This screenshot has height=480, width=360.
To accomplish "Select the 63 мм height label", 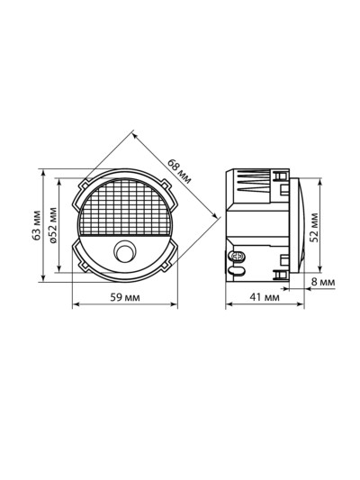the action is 37,225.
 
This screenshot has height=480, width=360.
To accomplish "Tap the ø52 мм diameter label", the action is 53,225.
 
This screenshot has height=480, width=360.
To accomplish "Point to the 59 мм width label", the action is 125,297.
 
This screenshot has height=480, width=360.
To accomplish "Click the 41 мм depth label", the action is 265,297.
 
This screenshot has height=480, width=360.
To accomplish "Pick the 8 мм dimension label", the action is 323,282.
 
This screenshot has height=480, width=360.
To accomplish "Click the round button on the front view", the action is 125,251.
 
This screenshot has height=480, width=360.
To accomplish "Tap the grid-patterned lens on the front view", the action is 125,207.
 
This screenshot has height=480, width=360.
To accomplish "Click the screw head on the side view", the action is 237,256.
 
